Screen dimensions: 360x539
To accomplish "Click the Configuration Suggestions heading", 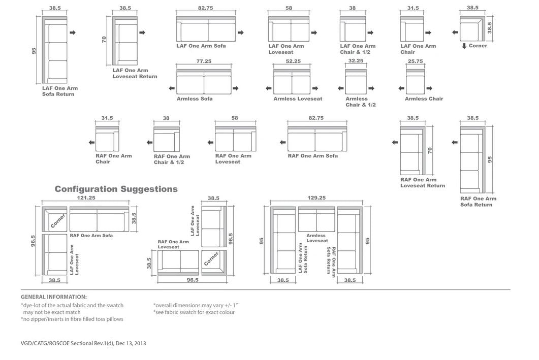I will pyautogui.click(x=116, y=189).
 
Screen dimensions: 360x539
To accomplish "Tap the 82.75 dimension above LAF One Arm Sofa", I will pyautogui.click(x=205, y=8).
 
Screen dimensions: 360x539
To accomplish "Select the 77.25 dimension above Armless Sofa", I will pyautogui.click(x=204, y=61).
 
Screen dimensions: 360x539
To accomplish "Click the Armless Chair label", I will pyautogui.click(x=424, y=99).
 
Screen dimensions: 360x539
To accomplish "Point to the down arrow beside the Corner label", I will pyautogui.click(x=464, y=46).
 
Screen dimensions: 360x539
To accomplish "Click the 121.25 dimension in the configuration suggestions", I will pyautogui.click(x=86, y=198).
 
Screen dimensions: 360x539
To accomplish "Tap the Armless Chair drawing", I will pyautogui.click(x=415, y=80).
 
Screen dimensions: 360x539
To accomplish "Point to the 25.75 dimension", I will pyautogui.click(x=415, y=61).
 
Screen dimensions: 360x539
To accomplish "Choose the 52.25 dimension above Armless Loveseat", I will pyautogui.click(x=293, y=61).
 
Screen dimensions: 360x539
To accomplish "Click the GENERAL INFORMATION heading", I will pyautogui.click(x=54, y=297).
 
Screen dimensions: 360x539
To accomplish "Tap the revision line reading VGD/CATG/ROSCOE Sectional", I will pyautogui.click(x=83, y=343).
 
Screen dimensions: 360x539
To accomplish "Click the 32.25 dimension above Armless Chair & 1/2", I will pyautogui.click(x=356, y=61).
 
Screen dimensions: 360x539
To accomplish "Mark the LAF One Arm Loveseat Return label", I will pyautogui.click(x=135, y=74).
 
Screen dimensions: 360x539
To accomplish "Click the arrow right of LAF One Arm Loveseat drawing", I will pyautogui.click(x=314, y=32).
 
